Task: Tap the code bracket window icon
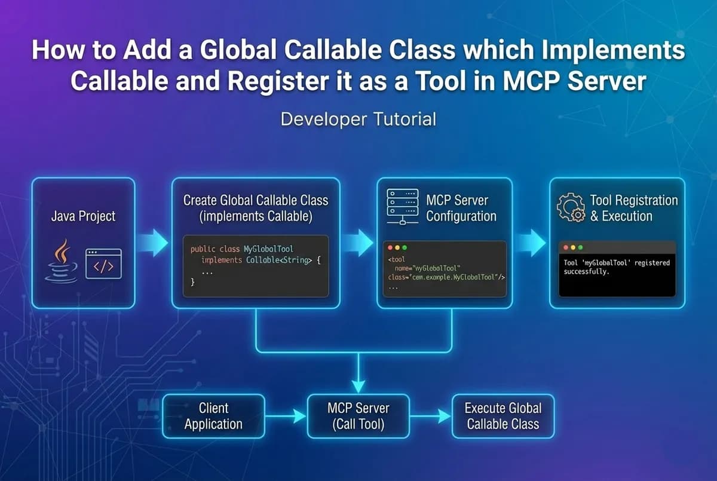[x=103, y=264]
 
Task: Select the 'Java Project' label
[x=83, y=216]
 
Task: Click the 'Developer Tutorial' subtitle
[x=358, y=119]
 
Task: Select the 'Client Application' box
[x=213, y=416]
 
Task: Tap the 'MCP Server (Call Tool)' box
[x=358, y=416]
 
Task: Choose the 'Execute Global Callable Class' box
[x=502, y=416]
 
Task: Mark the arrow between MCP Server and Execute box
[x=430, y=416]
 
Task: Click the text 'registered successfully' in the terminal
[x=615, y=267]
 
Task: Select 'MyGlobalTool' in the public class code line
[x=269, y=249]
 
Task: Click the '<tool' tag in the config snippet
[x=396, y=259]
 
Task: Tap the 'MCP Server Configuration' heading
[x=461, y=208]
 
